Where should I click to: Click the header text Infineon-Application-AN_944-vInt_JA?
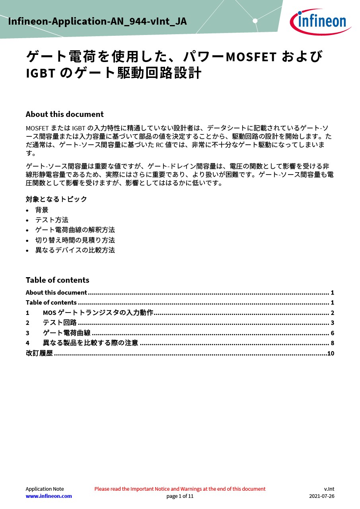pos(97,21)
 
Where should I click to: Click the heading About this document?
pos(64,115)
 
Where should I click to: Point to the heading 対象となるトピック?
pos(56,199)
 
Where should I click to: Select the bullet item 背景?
pos(42,210)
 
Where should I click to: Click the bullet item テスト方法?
pos(52,220)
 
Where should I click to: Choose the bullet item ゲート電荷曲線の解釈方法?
pos(75,230)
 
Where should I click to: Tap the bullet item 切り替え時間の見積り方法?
pos(75,240)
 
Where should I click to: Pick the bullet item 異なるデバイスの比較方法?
pos(75,250)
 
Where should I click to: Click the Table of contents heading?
pos(57,280)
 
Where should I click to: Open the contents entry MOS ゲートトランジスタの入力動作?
pos(98,313)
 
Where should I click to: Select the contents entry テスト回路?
pos(60,322)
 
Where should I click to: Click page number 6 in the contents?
pos(332,333)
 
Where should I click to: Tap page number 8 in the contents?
pos(332,343)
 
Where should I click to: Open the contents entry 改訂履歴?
pos(39,353)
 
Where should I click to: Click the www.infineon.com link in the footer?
pos(49,496)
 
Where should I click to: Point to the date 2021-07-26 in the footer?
pos(321,496)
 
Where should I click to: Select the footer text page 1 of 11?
pos(180,496)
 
